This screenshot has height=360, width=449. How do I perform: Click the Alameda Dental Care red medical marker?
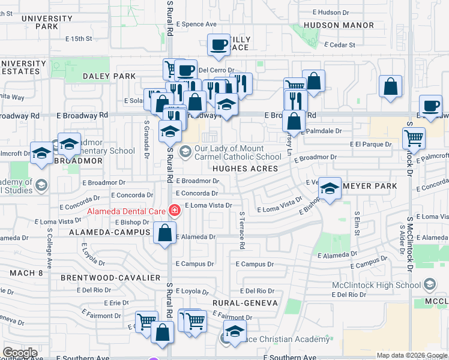tap(175, 211)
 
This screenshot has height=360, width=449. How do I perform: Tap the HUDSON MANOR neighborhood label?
tap(339, 25)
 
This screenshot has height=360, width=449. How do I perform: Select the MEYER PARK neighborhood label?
tap(370, 186)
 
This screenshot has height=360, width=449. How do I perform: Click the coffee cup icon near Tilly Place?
tap(218, 44)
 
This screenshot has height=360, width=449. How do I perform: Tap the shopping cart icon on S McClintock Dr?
tap(414, 137)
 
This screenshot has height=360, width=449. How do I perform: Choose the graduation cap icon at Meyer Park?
tap(329, 188)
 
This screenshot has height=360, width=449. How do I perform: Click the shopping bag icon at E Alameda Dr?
tap(164, 233)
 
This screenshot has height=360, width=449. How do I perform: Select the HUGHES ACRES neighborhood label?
tap(246, 169)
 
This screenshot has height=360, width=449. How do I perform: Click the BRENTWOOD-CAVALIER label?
tap(110, 278)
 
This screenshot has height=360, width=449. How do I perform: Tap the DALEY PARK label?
tap(110, 76)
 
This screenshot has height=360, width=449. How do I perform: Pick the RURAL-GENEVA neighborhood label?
tap(244, 304)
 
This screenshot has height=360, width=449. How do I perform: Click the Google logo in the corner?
tap(20, 353)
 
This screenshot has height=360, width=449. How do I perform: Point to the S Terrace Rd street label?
tap(241, 230)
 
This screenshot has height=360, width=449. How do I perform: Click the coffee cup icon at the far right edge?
tap(430, 105)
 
